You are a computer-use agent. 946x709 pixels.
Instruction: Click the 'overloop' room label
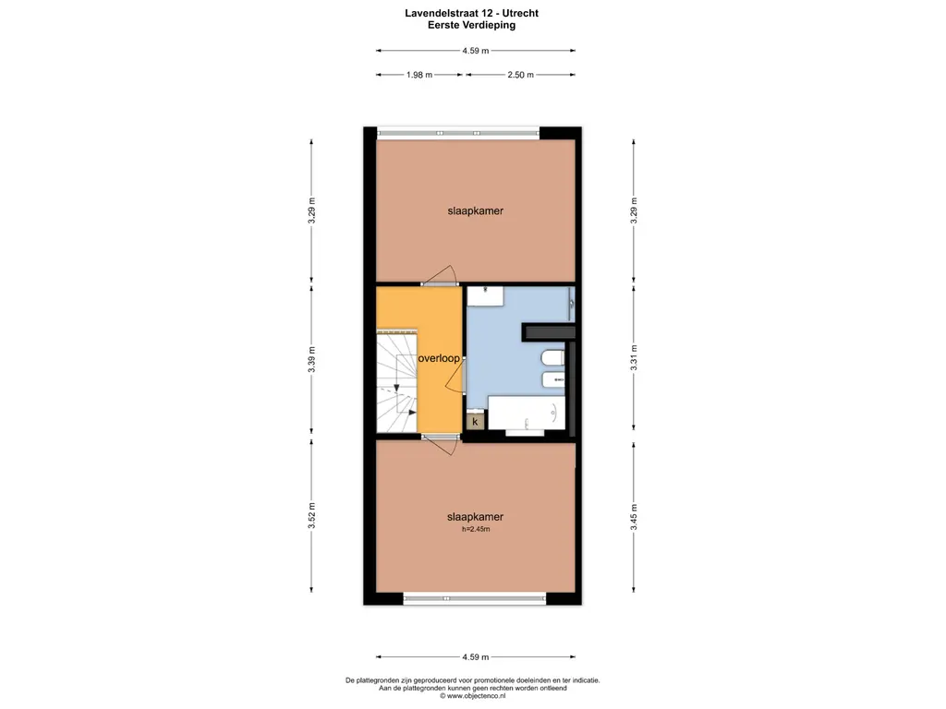tap(439, 358)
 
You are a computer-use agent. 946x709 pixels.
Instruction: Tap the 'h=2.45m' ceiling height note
tap(476, 529)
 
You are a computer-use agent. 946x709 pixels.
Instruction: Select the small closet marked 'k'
tap(475, 421)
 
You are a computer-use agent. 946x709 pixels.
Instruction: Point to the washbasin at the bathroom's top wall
tap(485, 296)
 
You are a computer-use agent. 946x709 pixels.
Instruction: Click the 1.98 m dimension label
tap(419, 75)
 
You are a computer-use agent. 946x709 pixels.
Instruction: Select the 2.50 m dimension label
tap(520, 75)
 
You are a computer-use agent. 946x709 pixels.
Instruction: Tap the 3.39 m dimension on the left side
tap(312, 359)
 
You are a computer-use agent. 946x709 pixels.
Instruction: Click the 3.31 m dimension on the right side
tap(634, 357)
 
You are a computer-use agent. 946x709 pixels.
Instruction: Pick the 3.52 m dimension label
tap(312, 515)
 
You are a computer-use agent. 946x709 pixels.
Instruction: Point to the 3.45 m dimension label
tap(634, 517)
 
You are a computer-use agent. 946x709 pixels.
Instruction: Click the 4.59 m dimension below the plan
tap(476, 657)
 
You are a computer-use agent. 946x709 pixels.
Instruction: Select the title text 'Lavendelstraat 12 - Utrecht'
tap(472, 13)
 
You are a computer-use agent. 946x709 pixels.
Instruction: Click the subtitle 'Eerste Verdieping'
tap(472, 25)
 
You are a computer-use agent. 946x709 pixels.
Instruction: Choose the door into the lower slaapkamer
tap(441, 445)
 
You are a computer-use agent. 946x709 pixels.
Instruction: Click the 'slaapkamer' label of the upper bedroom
tap(476, 211)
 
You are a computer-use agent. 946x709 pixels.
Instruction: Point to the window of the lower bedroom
tap(474, 598)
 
